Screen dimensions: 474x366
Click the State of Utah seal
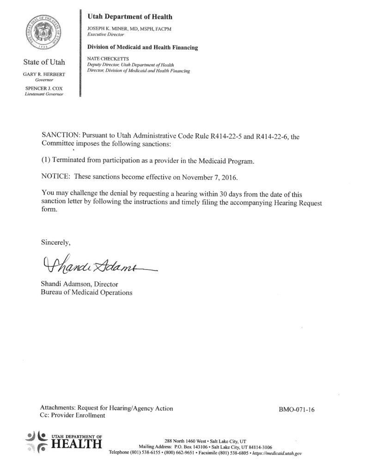pyautogui.click(x=44, y=34)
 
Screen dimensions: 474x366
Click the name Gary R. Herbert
pyautogui.click(x=45, y=74)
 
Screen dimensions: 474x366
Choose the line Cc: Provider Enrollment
pyautogui.click(x=73, y=416)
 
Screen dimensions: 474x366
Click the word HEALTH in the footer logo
pyautogui.click(x=76, y=445)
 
